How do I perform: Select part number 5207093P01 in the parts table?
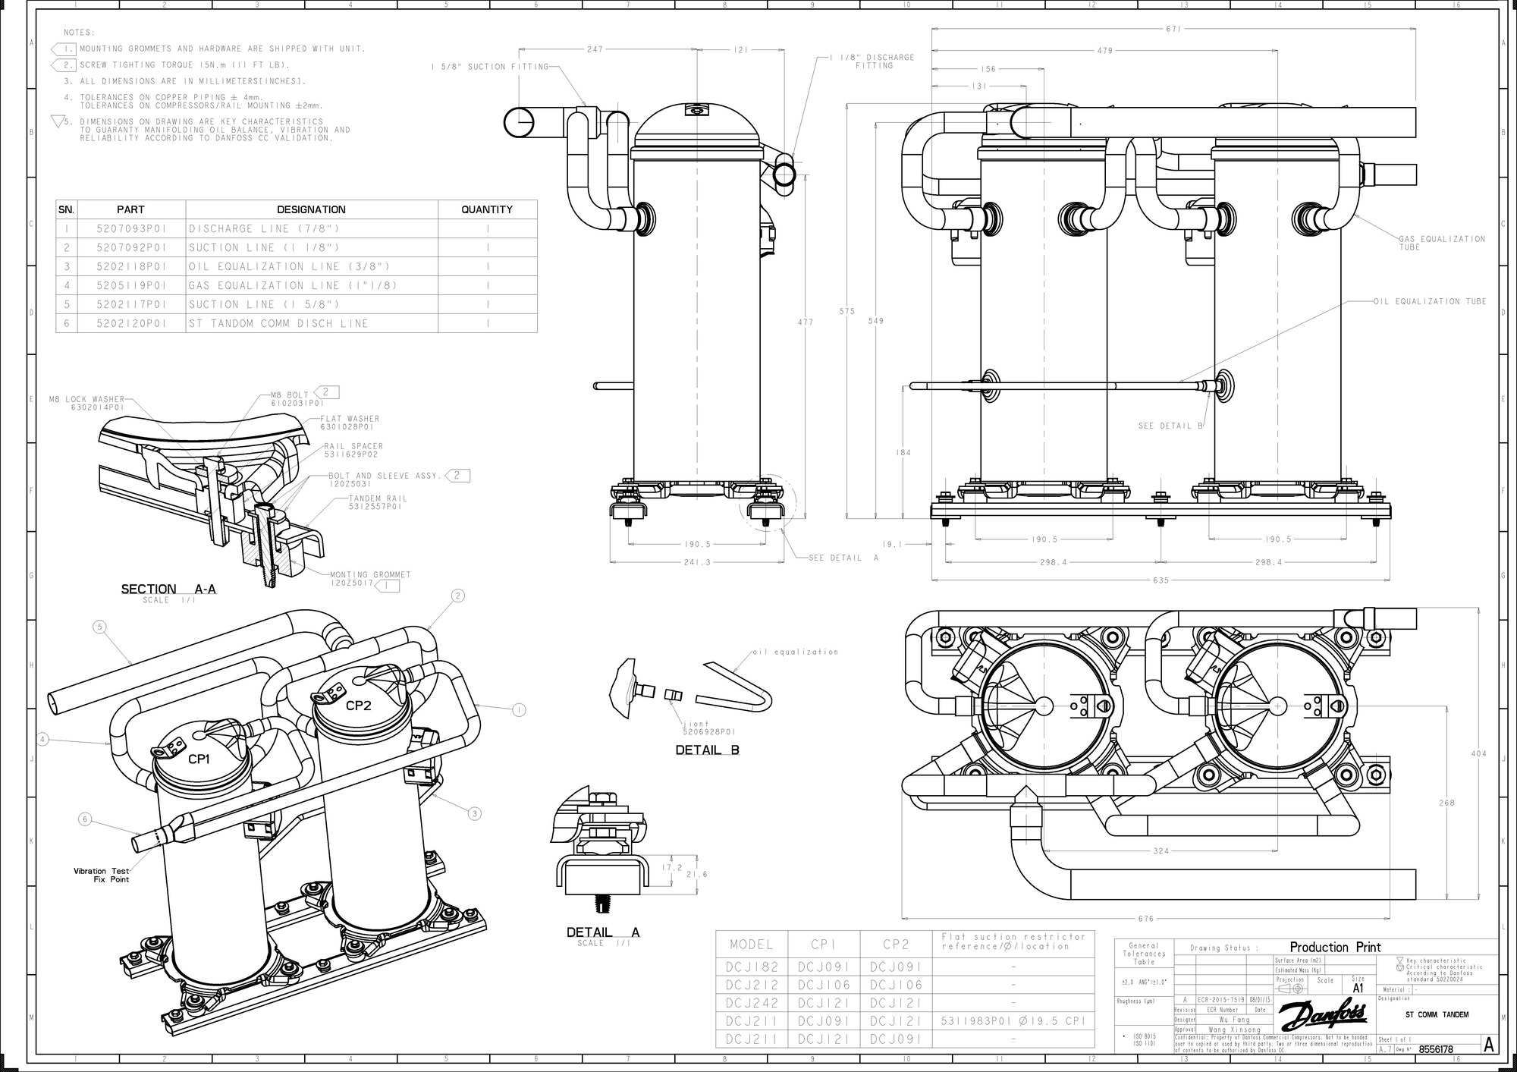(130, 228)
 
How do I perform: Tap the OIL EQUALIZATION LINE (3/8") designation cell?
(289, 266)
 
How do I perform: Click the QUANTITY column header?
(487, 209)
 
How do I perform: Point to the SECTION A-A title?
(168, 589)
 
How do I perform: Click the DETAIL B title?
(707, 750)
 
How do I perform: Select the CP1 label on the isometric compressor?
(199, 759)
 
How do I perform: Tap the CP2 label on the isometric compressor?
(358, 705)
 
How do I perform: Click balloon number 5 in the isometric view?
(99, 627)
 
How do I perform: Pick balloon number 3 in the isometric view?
(474, 814)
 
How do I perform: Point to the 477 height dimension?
(805, 322)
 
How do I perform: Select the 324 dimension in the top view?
(1161, 851)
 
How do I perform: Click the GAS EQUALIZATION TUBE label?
(1442, 243)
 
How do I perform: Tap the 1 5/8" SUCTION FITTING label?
(489, 67)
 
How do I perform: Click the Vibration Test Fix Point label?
(101, 876)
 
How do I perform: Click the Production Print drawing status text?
(1335, 948)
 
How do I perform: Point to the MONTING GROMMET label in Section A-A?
(370, 574)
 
